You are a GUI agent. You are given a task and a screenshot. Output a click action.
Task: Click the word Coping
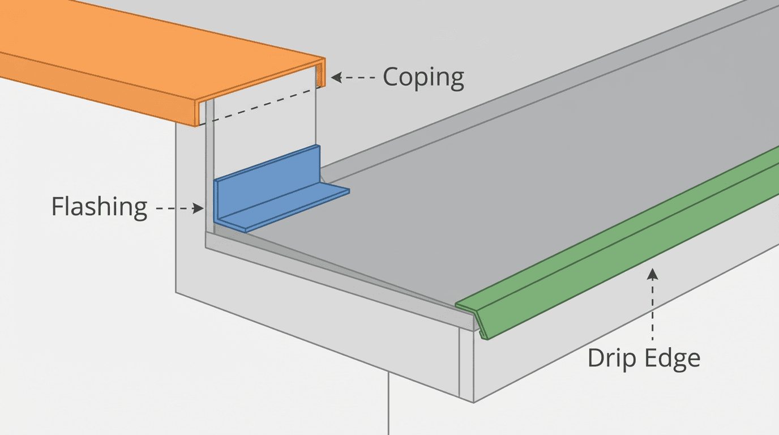point(423,78)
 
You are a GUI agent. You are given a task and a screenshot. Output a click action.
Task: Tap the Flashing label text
point(99,207)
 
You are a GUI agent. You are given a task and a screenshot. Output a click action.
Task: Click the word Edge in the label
point(674,358)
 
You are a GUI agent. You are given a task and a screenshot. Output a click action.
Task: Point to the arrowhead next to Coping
point(336,78)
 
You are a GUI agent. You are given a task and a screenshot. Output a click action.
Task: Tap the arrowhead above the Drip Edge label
point(653,274)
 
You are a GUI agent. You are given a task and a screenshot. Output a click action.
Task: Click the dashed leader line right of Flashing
point(173,208)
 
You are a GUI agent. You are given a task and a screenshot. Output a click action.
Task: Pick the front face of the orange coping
point(96,88)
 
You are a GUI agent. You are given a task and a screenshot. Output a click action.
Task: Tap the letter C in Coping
point(391,78)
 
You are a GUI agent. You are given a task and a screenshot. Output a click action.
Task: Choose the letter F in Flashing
point(57,207)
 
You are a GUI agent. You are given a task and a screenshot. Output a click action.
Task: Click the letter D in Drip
point(596,358)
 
